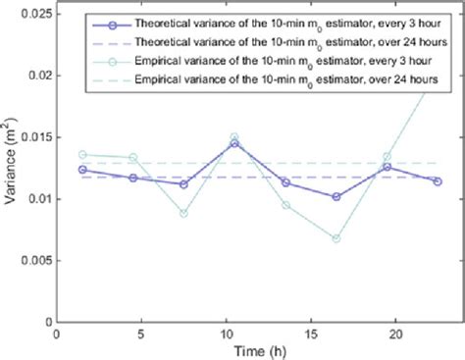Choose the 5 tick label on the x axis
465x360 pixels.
click(x=141, y=333)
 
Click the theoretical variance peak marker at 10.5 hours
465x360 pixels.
click(x=234, y=143)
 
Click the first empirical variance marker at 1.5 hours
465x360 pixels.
click(x=82, y=154)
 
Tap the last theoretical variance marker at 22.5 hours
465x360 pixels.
click(x=438, y=180)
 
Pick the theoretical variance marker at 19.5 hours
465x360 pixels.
click(x=387, y=167)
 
